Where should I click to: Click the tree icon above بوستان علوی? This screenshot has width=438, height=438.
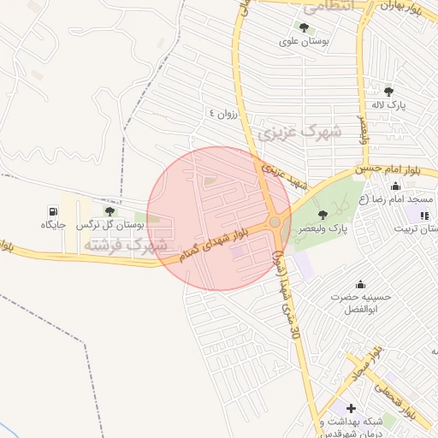click(303, 27)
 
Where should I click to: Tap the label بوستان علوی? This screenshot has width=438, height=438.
click(305, 40)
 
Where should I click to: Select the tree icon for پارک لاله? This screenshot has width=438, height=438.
click(388, 92)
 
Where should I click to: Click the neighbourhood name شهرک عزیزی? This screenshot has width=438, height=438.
click(299, 132)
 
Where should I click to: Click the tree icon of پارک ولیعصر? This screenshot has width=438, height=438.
click(322, 215)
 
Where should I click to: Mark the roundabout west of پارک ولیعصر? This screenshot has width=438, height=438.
click(275, 222)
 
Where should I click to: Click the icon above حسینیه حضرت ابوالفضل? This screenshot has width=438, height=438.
click(360, 284)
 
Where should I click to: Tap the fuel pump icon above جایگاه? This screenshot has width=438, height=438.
click(54, 210)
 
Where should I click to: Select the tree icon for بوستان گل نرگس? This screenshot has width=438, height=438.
click(109, 210)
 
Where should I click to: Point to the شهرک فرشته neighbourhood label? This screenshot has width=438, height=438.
click(125, 246)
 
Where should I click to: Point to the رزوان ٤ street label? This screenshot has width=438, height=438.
click(226, 113)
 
